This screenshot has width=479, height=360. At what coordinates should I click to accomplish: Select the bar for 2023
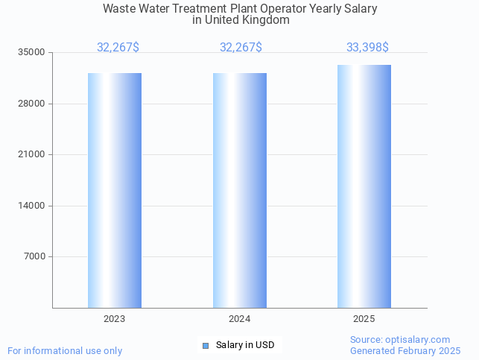click(115, 190)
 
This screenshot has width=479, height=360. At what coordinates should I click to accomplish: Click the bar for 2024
click(239, 190)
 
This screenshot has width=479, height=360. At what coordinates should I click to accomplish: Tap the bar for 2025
click(364, 186)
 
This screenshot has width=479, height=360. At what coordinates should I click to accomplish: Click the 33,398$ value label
click(367, 47)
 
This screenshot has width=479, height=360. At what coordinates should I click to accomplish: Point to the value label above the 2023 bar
click(118, 47)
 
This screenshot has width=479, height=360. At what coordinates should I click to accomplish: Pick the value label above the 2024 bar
click(241, 47)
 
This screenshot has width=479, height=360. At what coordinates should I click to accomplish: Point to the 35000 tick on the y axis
click(32, 52)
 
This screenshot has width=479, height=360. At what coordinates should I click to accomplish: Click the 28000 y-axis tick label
click(32, 104)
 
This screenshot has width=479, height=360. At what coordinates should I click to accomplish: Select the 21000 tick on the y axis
click(32, 154)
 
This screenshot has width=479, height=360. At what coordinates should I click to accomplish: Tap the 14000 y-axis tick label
click(32, 206)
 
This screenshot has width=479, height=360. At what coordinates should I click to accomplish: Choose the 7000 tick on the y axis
click(34, 256)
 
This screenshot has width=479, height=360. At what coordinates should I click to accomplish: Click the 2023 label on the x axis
click(115, 319)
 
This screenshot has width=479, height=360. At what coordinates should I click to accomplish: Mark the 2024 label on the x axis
click(239, 319)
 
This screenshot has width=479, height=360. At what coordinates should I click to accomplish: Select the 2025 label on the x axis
click(364, 319)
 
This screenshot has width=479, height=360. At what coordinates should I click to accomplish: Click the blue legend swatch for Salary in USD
click(206, 345)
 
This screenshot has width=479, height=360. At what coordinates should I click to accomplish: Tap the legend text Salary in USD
click(245, 345)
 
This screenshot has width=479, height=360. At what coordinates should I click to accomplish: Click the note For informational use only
click(65, 350)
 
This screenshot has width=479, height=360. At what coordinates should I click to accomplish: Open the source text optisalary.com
click(400, 340)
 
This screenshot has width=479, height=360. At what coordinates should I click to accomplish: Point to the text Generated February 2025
click(405, 350)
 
